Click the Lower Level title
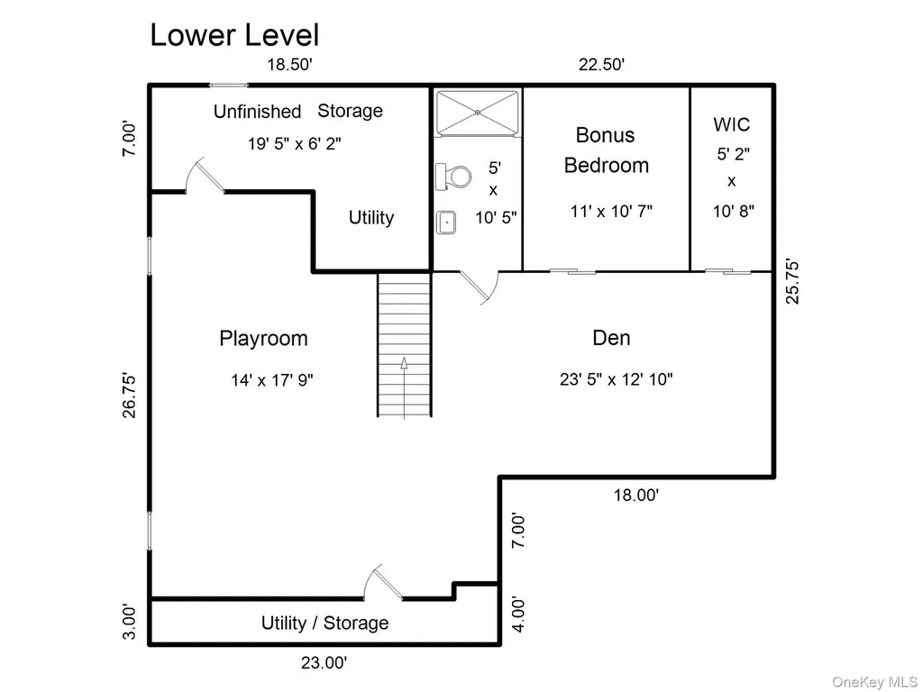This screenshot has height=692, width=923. coord(234,35)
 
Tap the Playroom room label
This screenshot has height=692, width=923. coord(263,339)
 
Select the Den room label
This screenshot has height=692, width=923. coord(612,338)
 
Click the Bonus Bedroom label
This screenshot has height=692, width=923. coord(607,150)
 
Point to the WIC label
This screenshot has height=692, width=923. coord(732,124)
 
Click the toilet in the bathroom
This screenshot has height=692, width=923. coord(453,177)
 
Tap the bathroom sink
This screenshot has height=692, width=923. coord(446,223)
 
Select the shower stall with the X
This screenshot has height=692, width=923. coord(478,113)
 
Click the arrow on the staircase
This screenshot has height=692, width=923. coord(405,387)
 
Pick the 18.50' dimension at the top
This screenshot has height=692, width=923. coord(289,64)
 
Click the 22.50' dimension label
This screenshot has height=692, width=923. coord(601,64)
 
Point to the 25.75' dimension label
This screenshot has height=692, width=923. coord(793,282)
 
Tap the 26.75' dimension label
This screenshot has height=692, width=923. coord(129,395)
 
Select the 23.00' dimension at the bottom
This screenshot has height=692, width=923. coord(324,662)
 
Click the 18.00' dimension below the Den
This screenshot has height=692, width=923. coord(636,495)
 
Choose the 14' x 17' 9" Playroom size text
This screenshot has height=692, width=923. coord(272,380)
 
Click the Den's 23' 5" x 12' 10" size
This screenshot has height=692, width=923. coord(617,379)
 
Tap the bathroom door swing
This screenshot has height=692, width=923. coord(480,287)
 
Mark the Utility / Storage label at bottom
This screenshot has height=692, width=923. coord(324,623)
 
